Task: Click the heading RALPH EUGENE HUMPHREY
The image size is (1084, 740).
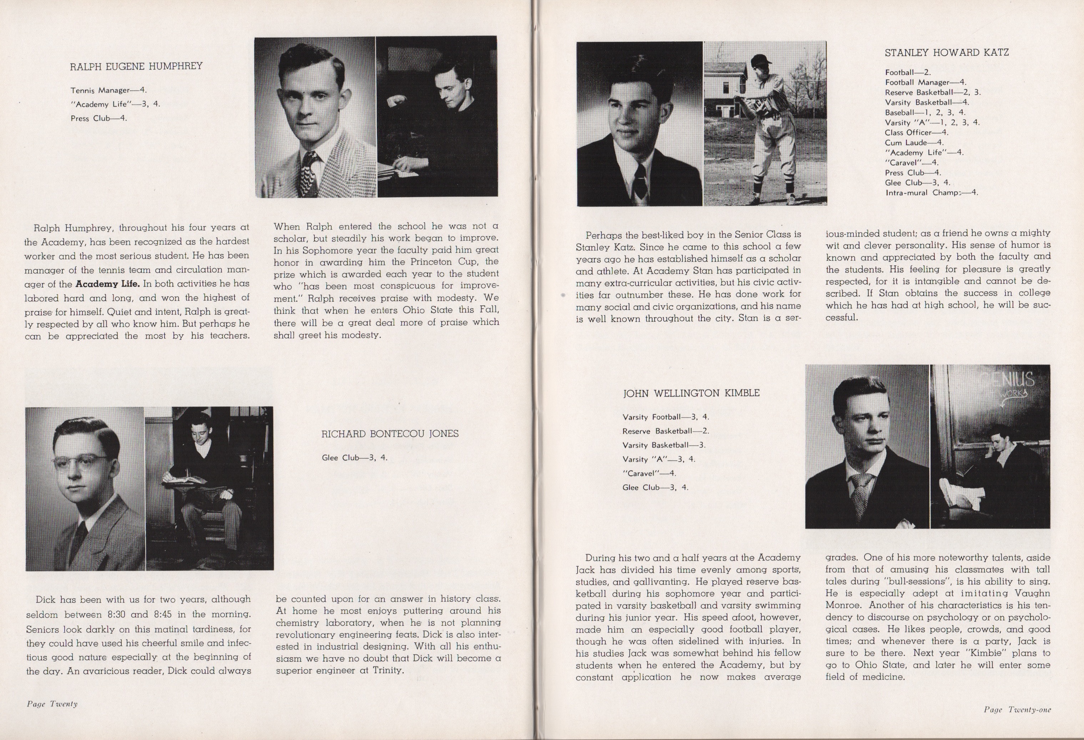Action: click(136, 66)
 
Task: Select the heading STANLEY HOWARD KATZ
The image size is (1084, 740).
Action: click(946, 53)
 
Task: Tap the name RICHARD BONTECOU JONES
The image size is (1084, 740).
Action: click(389, 434)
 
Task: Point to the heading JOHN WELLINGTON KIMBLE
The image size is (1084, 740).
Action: click(691, 393)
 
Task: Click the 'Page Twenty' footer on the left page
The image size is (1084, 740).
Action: click(52, 704)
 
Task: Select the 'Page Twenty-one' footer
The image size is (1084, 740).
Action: click(1017, 710)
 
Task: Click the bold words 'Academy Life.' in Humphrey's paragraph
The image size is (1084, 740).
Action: click(107, 284)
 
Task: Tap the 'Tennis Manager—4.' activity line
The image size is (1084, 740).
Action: click(109, 90)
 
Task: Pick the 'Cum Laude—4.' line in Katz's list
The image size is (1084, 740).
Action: click(914, 143)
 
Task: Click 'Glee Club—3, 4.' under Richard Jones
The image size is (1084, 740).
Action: click(354, 458)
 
